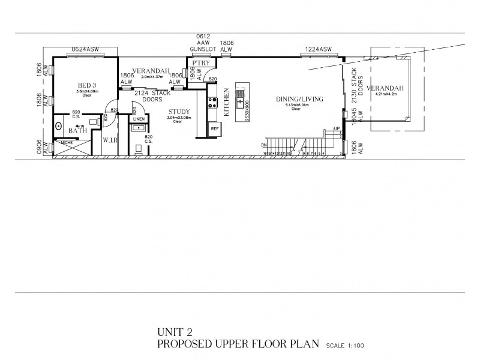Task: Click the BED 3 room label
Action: [88, 85]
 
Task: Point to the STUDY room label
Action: [179, 112]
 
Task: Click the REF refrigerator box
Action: [214, 128]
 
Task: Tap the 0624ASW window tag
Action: [84, 49]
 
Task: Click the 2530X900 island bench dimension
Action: [246, 110]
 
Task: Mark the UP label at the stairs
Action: [337, 128]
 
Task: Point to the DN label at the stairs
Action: [264, 145]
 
